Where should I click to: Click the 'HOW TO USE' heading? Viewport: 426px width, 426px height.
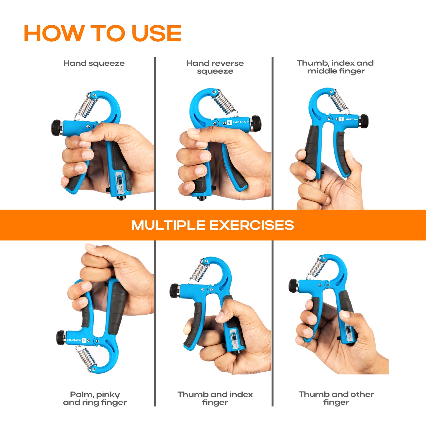pyautogui.click(x=103, y=33)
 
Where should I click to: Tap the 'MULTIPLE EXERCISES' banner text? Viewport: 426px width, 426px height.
pyautogui.click(x=213, y=225)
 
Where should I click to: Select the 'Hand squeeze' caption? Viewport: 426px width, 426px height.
pyautogui.click(x=94, y=63)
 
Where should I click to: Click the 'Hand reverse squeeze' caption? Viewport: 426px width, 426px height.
pyautogui.click(x=215, y=67)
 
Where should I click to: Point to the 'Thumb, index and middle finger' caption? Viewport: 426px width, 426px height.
pyautogui.click(x=335, y=67)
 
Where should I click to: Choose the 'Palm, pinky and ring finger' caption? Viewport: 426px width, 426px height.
pyautogui.click(x=95, y=398)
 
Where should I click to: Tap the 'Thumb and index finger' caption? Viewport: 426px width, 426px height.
pyautogui.click(x=215, y=398)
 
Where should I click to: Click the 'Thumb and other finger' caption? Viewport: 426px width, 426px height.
pyautogui.click(x=336, y=398)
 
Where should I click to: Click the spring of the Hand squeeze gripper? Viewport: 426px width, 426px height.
pyautogui.click(x=86, y=107)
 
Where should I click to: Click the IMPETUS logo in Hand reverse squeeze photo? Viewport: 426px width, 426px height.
pyautogui.click(x=238, y=122)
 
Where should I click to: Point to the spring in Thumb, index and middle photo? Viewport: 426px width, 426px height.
pyautogui.click(x=339, y=102)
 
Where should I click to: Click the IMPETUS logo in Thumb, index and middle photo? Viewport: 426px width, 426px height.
pyautogui.click(x=348, y=119)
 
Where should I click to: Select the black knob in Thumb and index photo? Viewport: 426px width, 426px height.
pyautogui.click(x=175, y=291)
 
